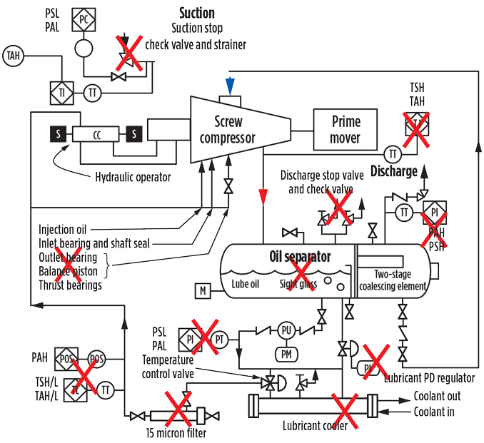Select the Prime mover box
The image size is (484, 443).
(x=346, y=129)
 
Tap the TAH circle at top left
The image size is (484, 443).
(x=12, y=55)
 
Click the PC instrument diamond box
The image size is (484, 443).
(x=83, y=20)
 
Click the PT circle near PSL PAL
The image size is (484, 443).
(x=219, y=340)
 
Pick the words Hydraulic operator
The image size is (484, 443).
(x=133, y=177)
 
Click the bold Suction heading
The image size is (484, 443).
(x=196, y=13)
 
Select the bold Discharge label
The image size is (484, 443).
(x=393, y=171)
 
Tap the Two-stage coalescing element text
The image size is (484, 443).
(x=392, y=280)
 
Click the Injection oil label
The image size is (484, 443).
(x=62, y=230)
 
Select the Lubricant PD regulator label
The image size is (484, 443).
(x=428, y=378)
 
